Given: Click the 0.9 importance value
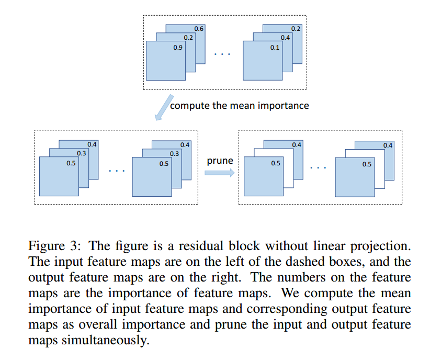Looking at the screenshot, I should coord(178,48).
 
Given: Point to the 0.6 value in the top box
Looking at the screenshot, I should coord(199,28).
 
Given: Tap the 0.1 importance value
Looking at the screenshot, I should coord(275,48).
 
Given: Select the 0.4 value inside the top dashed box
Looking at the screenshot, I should coord(286,38).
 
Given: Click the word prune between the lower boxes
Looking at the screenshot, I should coord(220,161).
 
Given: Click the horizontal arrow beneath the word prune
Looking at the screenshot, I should coord(219,173).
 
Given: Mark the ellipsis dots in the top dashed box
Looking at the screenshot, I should coord(222,54).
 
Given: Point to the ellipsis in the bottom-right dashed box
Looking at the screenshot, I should coord(318,167).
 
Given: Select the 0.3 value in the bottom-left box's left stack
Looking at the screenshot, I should coord(82,153).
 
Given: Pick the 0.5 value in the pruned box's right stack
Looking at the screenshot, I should coord(367,164).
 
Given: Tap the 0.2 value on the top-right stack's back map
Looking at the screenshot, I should coord(296,28).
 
